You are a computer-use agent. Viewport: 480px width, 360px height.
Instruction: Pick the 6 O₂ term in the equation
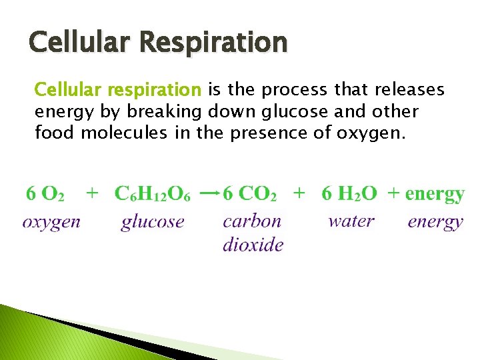[x=45, y=194]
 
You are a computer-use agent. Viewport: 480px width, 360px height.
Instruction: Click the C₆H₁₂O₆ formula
[x=153, y=194]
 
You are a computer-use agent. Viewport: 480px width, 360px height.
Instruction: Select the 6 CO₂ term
[x=249, y=194]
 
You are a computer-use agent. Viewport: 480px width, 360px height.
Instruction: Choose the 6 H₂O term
[x=349, y=194]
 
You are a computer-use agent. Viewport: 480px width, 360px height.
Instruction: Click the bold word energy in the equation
[x=434, y=194]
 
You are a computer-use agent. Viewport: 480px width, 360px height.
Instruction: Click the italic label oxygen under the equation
[x=51, y=222]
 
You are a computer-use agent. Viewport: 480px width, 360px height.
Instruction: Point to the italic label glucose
[x=152, y=222]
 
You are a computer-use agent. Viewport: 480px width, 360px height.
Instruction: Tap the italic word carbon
[x=252, y=221]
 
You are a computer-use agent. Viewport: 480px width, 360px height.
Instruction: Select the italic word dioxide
[x=253, y=244]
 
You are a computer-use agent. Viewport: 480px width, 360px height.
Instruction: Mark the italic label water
[x=351, y=221]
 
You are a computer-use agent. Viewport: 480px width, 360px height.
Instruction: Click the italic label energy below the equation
[x=435, y=222]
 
